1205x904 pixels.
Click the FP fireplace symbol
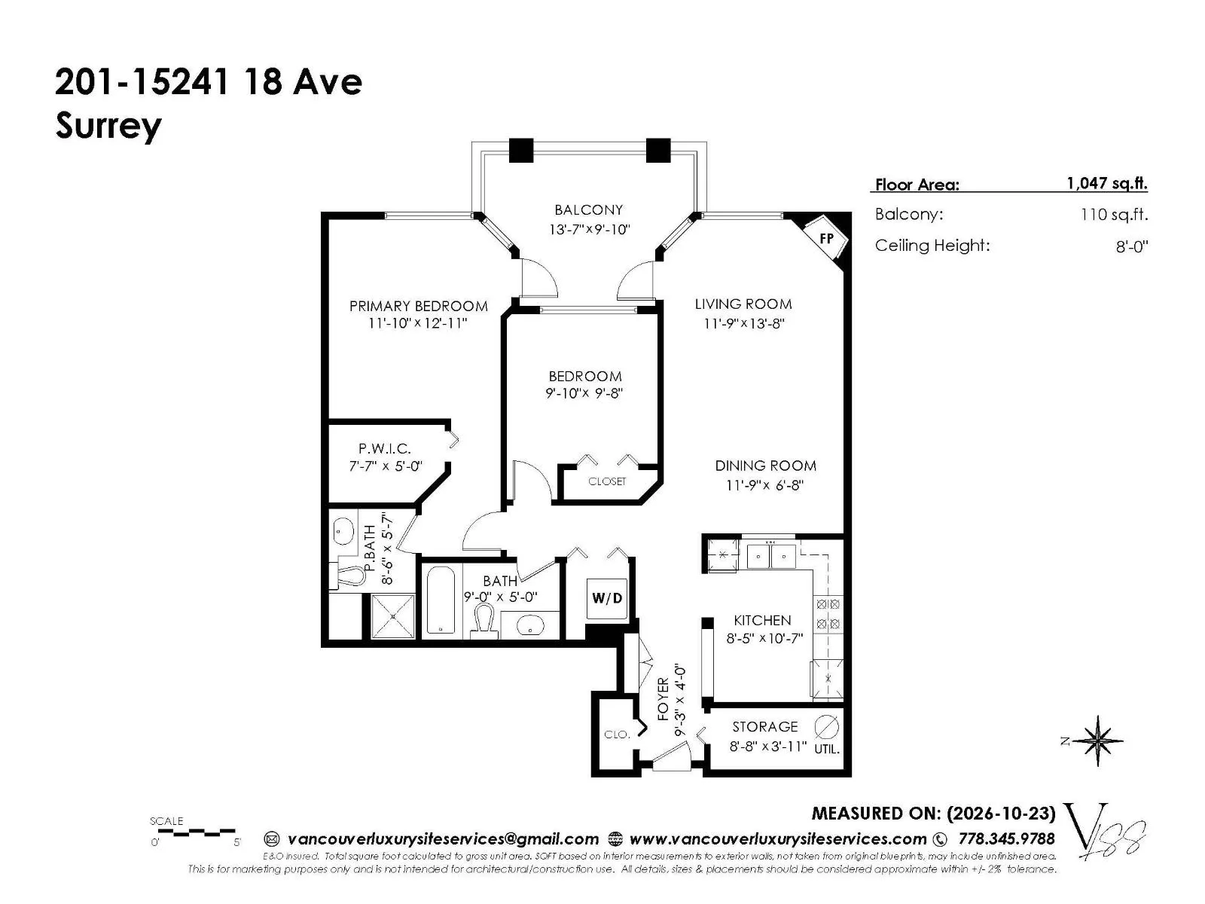[825, 238]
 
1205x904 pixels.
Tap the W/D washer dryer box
[606, 598]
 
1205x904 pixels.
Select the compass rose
[1097, 741]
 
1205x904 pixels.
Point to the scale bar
[194, 832]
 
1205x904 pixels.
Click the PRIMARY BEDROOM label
[418, 306]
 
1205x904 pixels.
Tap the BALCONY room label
[588, 209]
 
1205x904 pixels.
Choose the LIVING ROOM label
[743, 304]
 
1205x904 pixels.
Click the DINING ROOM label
[765, 466]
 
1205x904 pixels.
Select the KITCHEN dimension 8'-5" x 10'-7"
[764, 639]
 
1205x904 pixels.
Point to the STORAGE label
[764, 727]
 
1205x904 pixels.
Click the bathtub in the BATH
[441, 600]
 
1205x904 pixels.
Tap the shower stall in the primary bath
[393, 615]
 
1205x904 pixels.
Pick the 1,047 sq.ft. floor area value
[1107, 183]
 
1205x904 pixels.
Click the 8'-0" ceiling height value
[1131, 246]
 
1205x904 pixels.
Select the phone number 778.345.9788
[1006, 838]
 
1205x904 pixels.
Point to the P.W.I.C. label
[385, 449]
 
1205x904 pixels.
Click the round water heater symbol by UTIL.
[827, 727]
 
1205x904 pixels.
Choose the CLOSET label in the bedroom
[606, 481]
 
